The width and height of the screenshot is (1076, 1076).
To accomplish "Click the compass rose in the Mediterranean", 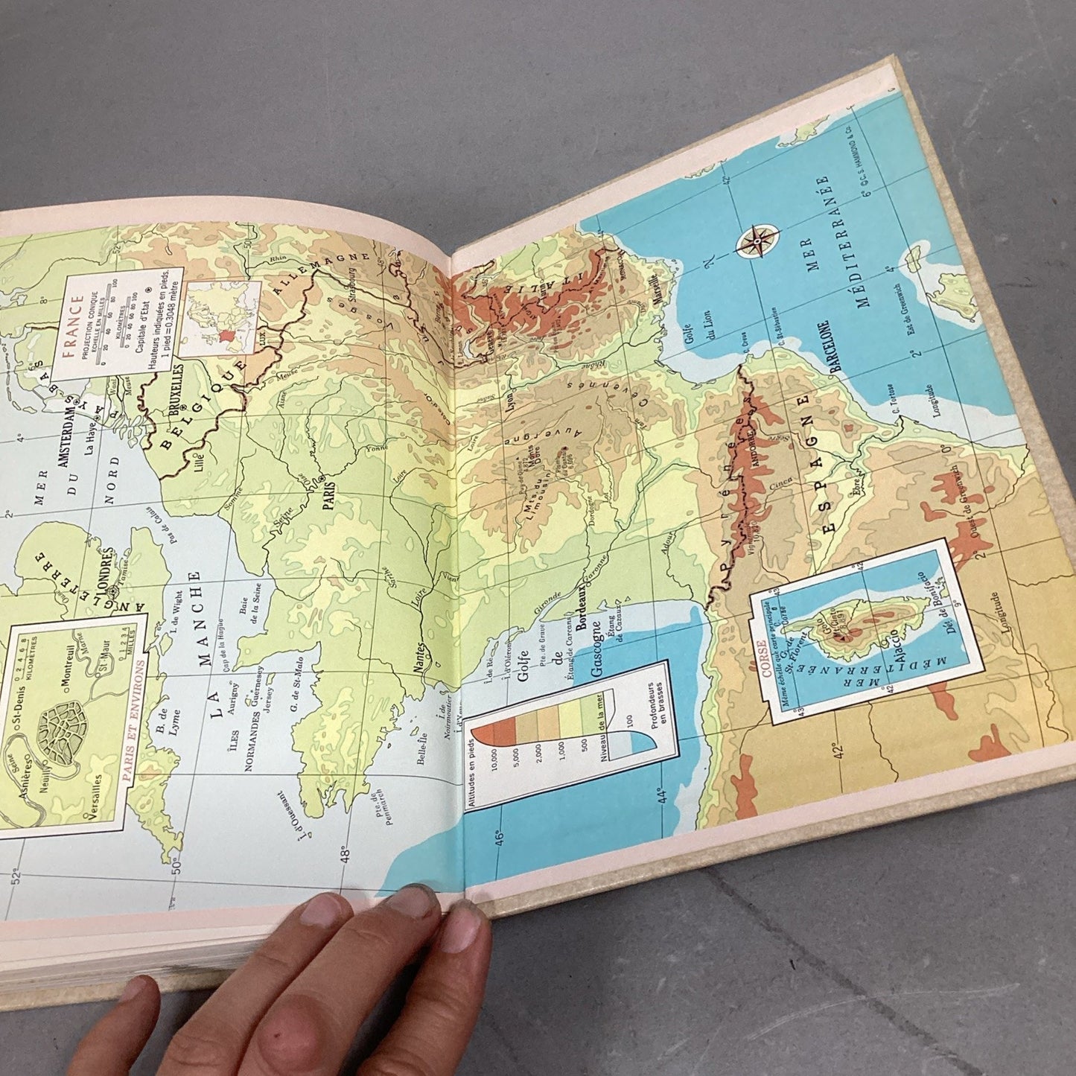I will (757, 243).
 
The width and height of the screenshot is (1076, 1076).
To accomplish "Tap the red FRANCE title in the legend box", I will (74, 328).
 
